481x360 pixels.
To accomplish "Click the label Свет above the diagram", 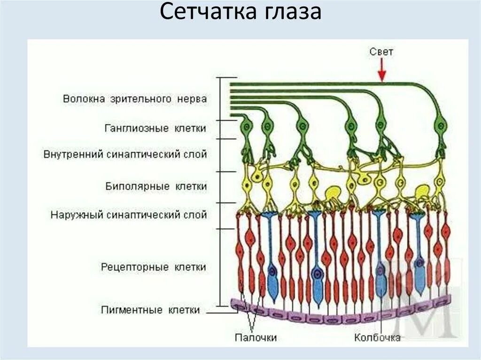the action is [381, 52].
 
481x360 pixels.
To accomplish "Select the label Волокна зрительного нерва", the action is [135, 100].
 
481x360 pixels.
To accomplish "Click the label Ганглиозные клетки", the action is [155, 128].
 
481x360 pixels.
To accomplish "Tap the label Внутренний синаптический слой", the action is [125, 154].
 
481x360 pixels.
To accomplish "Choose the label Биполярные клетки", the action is [156, 186].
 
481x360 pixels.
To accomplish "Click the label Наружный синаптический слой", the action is [129, 215].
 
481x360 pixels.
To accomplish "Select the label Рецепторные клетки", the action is [154, 267].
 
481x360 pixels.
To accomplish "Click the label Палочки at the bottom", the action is [256, 337].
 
